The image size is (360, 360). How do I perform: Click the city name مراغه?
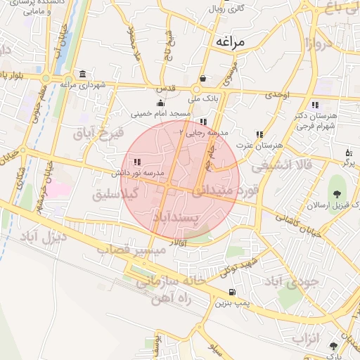231,42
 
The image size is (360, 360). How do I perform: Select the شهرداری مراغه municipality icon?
83,75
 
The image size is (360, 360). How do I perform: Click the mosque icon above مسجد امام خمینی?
160,103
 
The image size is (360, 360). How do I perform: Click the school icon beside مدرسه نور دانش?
137,162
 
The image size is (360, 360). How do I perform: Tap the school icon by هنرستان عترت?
259,134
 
